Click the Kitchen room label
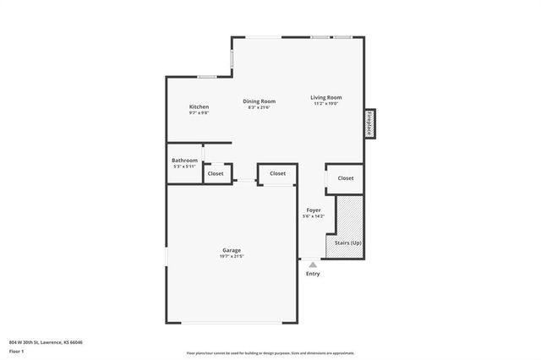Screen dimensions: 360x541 pos(199,106)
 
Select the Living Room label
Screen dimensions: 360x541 pos(325,97)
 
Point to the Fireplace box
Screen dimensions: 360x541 pos(369,123)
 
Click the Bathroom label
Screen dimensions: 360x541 pos(184,160)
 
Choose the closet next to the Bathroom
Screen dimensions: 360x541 pos(216,173)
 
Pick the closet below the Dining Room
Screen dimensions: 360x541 pos(277,173)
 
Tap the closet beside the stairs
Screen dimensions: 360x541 pos(345,178)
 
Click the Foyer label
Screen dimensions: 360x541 pos(313,210)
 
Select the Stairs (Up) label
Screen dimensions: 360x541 pos(348,242)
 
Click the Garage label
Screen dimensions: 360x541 pos(232,250)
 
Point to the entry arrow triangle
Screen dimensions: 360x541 pos(312,265)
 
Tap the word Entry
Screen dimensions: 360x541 pos(313,274)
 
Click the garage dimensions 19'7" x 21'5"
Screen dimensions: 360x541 pos(232,257)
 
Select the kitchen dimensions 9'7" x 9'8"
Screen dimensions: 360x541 pos(199,112)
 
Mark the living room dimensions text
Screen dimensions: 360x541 pos(325,104)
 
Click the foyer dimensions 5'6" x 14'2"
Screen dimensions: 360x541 pos(313,216)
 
